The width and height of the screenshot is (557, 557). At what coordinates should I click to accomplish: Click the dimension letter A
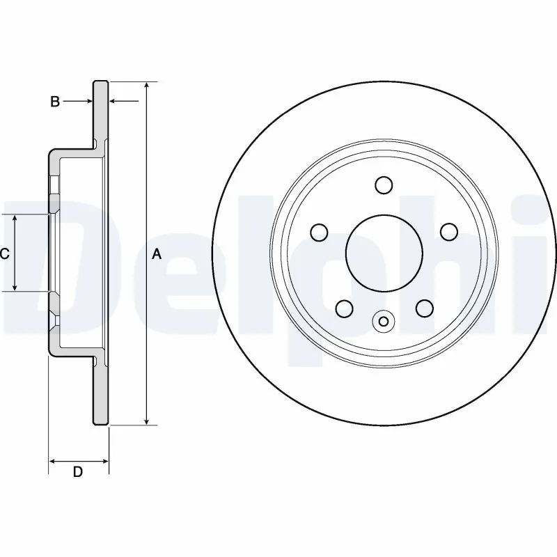click(157, 254)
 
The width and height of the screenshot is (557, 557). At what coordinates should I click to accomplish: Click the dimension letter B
click(54, 102)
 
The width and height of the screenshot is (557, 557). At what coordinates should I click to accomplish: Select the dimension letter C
click(4, 253)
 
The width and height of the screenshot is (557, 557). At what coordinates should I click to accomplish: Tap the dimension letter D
click(78, 472)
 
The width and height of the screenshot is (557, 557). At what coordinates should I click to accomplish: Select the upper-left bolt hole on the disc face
click(319, 232)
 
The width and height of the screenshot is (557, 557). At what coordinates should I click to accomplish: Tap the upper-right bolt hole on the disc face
click(449, 232)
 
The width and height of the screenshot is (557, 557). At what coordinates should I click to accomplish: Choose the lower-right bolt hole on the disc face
click(424, 308)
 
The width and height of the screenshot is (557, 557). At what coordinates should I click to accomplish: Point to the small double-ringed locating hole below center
click(384, 321)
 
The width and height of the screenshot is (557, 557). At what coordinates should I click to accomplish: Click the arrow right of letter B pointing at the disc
click(88, 102)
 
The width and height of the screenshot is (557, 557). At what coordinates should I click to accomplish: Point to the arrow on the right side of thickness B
click(114, 102)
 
